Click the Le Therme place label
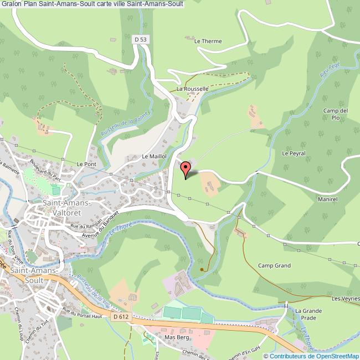208,41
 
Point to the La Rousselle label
192,89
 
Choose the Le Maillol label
155,157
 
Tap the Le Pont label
87,164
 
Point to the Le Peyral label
294,153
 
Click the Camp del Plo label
335,114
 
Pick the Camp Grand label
274,266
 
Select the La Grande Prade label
308,315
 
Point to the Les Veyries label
345,299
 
